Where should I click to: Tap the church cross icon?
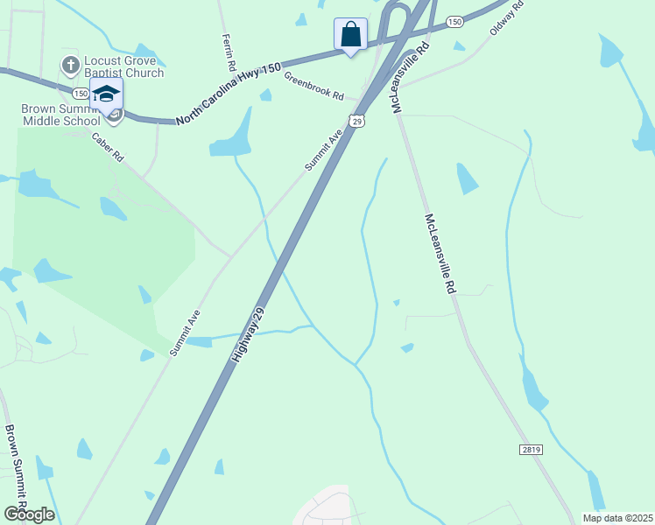point(69,66)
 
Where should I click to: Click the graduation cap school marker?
point(106,94)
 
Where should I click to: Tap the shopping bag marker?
point(350,35)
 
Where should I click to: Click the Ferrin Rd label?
point(229,52)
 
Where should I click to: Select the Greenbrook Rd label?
point(313,85)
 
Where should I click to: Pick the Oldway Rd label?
point(506,17)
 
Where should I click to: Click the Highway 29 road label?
point(248,336)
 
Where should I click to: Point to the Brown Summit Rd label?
point(17,469)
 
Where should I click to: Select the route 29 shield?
point(356,121)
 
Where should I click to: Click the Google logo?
point(28,514)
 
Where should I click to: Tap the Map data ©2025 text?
point(617,518)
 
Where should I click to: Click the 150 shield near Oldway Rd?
point(454,21)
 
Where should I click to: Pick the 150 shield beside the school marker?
point(81,93)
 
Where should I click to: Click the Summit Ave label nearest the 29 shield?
point(322,150)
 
